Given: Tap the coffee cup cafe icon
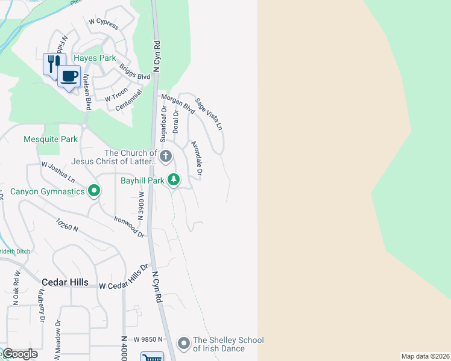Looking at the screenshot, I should [x=69, y=76].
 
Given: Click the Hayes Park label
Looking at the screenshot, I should [x=95, y=58].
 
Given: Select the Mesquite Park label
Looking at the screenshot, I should [x=51, y=139].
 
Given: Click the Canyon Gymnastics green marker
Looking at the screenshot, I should [x=94, y=191].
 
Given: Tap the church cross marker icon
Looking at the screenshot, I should [x=166, y=156].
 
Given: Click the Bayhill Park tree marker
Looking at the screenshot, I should [x=174, y=179].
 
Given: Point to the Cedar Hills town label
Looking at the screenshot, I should [x=65, y=282].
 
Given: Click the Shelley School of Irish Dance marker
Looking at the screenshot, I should [x=184, y=343].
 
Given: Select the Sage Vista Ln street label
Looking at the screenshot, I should [x=209, y=116].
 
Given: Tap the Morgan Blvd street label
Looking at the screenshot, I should [x=178, y=104].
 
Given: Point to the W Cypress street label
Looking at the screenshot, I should [x=104, y=22].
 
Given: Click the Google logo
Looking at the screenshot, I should [x=19, y=354].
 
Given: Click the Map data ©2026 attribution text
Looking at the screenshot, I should [x=425, y=356].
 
